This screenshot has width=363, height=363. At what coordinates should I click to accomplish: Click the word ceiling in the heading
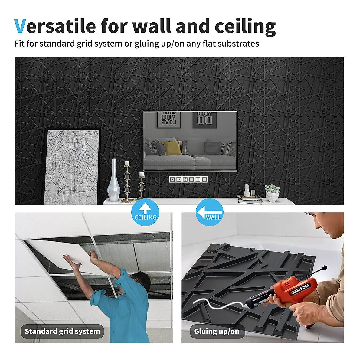(245, 27)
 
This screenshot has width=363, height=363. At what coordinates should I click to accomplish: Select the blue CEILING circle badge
(146, 213)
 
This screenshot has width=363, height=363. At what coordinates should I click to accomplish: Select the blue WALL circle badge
(210, 213)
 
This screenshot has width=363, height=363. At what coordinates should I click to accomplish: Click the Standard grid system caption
(62, 331)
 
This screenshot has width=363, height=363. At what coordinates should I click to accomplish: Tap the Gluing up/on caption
(217, 331)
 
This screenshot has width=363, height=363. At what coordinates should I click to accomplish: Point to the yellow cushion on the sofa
(172, 148)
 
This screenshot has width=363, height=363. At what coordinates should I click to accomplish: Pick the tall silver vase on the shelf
(114, 180)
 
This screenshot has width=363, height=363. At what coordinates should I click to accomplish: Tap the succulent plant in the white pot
(272, 193)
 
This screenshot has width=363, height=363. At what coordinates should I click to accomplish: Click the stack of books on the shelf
(250, 199)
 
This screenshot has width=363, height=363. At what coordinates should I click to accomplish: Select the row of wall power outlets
(188, 179)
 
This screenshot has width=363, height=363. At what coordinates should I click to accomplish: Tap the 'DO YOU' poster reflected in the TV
(205, 119)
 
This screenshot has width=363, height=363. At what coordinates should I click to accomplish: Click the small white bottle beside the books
(247, 191)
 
